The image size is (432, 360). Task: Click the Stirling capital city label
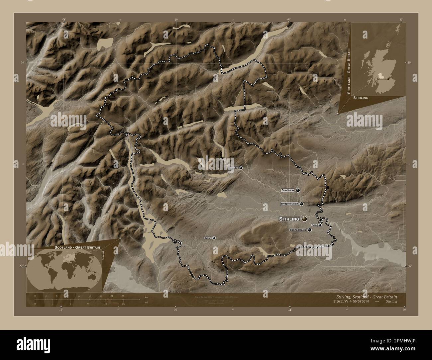coord(289,219)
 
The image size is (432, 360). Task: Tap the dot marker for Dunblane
coord(298,190)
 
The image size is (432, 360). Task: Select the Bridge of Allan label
coord(290,204)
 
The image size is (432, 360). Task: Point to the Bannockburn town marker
coord(310,230)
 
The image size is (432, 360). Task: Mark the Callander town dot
coord(241,168)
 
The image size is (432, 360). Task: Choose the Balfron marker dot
coord(214,238)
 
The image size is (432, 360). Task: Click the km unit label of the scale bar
coord(146,297)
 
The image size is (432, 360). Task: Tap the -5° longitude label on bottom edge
coord(61,310)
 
